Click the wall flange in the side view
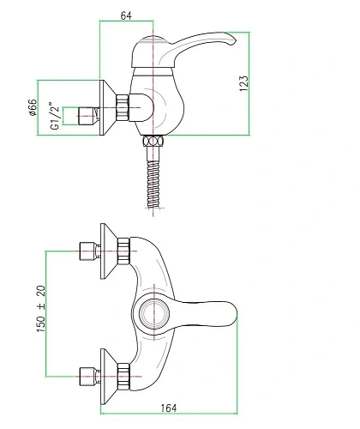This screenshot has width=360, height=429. point(107,112)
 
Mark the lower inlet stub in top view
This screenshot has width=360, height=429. point(86,373)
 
